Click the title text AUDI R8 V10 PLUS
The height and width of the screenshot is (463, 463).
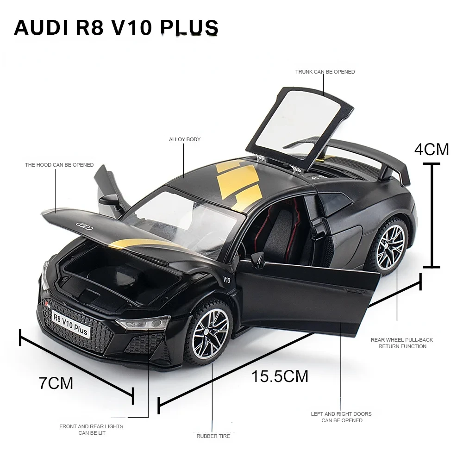[116, 28]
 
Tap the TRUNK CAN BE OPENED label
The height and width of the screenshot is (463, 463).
[325, 72]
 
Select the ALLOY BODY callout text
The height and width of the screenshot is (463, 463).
[185, 139]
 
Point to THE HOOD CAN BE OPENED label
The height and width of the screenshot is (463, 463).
[59, 165]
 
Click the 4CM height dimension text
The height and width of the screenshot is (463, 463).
[432, 150]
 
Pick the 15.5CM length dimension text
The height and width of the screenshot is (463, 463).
[280, 376]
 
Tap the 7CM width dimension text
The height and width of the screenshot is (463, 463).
[56, 383]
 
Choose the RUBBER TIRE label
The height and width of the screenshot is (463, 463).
[213, 436]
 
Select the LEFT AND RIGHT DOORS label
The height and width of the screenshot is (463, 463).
[342, 417]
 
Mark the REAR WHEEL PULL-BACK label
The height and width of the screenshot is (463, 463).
[401, 343]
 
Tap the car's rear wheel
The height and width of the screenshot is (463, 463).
[390, 248]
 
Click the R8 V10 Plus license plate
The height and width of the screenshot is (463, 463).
[70, 323]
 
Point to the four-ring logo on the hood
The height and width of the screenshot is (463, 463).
[85, 225]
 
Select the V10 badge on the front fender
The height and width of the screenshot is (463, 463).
[226, 280]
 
